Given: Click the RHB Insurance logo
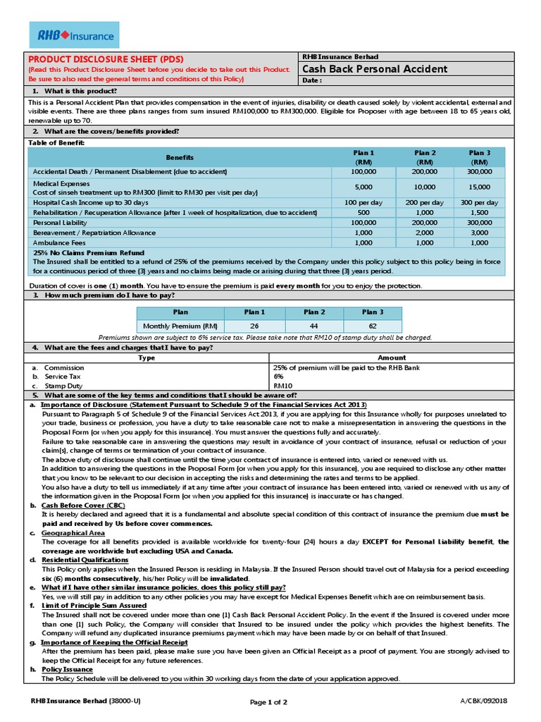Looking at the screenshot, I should (73, 35).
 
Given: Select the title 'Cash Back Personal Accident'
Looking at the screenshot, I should (374, 68).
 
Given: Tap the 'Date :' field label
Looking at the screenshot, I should (311, 80).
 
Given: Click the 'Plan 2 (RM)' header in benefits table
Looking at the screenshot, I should (425, 157).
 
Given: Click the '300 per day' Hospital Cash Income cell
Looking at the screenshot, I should (479, 202).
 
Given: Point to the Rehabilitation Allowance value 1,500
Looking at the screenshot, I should (479, 212).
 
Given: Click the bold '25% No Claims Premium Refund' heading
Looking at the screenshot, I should (89, 252).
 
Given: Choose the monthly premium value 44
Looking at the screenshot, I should (313, 326).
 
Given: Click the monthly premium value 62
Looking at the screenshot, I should (373, 326).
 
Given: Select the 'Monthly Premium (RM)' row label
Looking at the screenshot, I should (180, 326).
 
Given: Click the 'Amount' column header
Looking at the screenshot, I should (392, 357).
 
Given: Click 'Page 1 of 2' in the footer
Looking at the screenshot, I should (268, 702).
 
